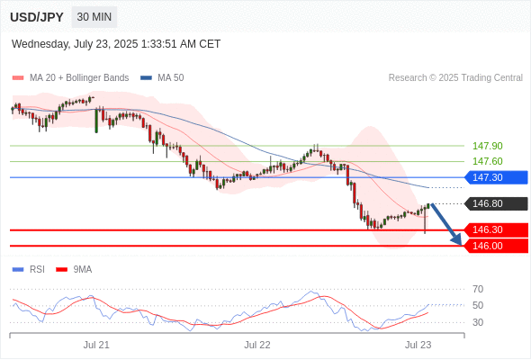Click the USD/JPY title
[x=37, y=17]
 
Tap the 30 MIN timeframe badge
[x=94, y=17]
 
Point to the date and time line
[x=116, y=44]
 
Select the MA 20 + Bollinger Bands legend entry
[x=70, y=78]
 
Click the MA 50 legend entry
[x=162, y=78]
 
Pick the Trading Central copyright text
[x=455, y=78]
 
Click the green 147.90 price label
[x=487, y=146]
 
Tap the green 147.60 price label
[x=487, y=161]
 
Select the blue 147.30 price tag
[x=496, y=177]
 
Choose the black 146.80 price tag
[x=496, y=203]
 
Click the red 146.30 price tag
[x=496, y=229]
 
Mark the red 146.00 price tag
[x=496, y=246]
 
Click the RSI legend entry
[x=29, y=270]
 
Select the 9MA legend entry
[x=74, y=270]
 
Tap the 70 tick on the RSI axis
[x=478, y=289]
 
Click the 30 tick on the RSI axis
[x=478, y=322]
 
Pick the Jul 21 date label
[x=96, y=345]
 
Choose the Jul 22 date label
[x=257, y=345]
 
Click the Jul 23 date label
[x=418, y=345]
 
